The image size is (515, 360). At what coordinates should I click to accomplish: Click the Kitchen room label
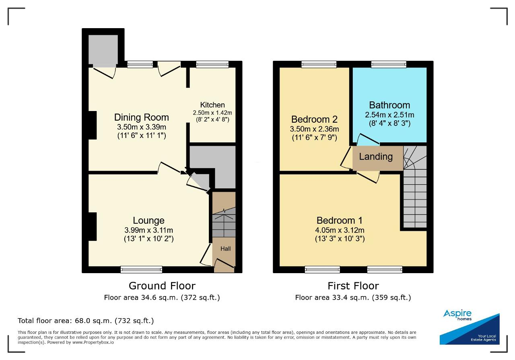(212, 105)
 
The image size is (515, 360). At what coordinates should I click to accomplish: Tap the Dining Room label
(141, 117)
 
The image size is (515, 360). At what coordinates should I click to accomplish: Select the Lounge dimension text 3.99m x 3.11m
(148, 230)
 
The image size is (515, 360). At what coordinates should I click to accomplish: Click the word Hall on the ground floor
(225, 249)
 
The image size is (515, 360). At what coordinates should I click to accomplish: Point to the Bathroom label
(389, 105)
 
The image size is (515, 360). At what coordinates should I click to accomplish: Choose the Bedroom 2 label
(314, 119)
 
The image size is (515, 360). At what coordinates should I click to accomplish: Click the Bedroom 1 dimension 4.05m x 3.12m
(340, 230)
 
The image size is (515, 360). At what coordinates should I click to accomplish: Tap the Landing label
(376, 156)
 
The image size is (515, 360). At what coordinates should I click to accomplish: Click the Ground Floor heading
(162, 286)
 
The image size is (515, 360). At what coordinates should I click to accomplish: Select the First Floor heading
(353, 286)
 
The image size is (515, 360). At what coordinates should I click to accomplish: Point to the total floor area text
(86, 321)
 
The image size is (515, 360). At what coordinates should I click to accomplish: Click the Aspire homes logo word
(457, 314)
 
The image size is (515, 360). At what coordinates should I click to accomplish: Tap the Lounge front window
(141, 269)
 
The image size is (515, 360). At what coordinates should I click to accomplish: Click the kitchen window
(212, 64)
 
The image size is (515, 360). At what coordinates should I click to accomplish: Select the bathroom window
(389, 64)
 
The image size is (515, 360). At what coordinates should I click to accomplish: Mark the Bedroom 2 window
(319, 64)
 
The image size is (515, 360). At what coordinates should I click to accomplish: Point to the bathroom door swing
(367, 139)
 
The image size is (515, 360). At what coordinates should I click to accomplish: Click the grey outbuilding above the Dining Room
(103, 49)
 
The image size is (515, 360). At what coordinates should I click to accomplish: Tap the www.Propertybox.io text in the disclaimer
(93, 342)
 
